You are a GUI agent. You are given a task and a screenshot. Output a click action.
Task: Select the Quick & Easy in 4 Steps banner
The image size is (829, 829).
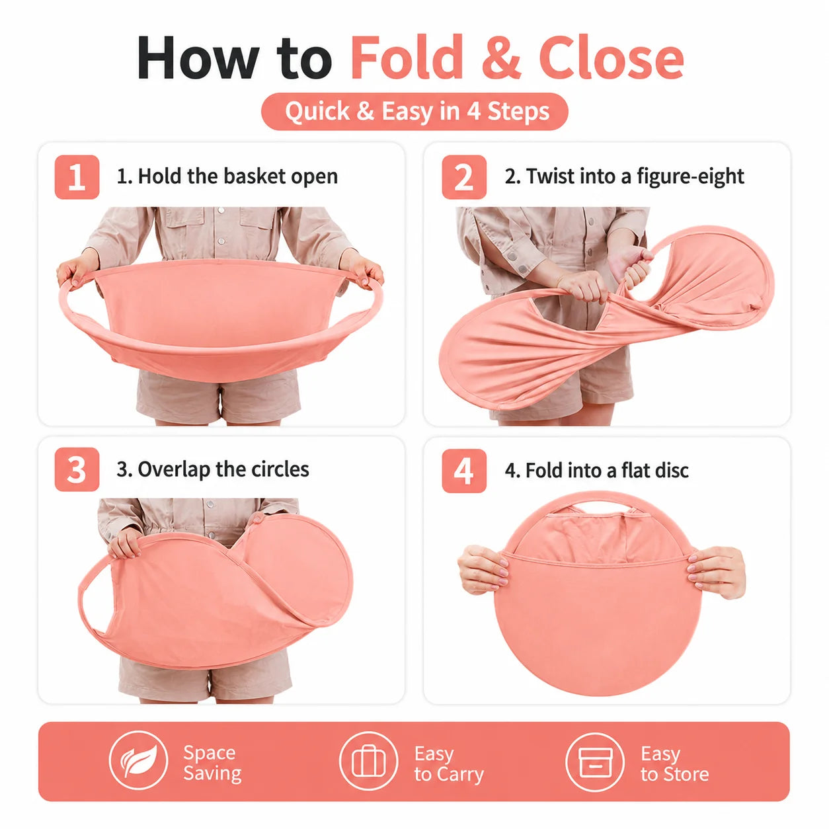[x=414, y=112]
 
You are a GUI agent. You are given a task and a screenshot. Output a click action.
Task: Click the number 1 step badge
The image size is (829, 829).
[x=77, y=177]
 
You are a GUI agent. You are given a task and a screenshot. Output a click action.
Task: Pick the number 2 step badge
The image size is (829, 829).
[x=464, y=177]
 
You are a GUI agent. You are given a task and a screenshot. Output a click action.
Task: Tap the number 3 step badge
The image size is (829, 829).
[x=77, y=469]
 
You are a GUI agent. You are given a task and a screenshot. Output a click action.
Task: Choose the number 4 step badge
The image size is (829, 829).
[x=464, y=470]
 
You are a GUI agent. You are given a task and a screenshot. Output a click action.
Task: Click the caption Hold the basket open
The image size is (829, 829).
[x=227, y=177]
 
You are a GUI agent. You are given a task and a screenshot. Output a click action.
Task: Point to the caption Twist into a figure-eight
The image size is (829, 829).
[x=625, y=177]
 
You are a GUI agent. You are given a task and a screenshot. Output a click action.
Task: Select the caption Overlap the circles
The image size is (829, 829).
[x=213, y=469]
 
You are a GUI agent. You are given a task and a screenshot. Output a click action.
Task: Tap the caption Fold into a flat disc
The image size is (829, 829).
[x=597, y=470]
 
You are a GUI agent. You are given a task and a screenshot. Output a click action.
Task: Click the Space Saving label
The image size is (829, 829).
[x=212, y=763]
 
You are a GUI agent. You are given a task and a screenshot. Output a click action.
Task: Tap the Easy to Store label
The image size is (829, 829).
[x=674, y=764]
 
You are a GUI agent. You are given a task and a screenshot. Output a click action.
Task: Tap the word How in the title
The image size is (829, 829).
[x=198, y=58]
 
